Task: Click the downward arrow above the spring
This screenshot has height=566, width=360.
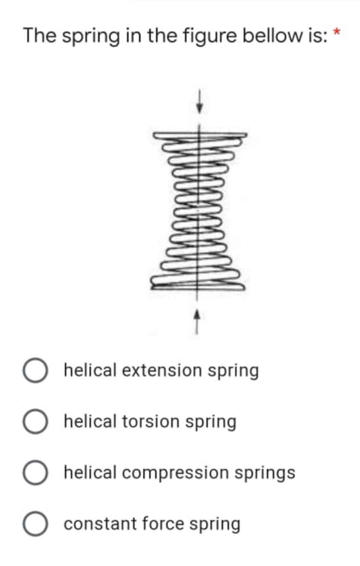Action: [x=198, y=101]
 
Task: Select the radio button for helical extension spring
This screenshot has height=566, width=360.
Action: [x=35, y=371]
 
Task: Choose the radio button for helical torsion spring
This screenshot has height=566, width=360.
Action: [x=35, y=422]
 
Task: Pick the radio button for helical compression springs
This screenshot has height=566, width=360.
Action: [x=35, y=473]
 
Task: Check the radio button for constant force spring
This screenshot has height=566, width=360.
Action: [x=35, y=524]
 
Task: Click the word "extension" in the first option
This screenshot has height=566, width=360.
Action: [x=163, y=370]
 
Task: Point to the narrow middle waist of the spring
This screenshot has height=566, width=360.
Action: [x=197, y=209]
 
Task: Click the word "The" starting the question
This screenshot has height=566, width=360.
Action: [x=39, y=36]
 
